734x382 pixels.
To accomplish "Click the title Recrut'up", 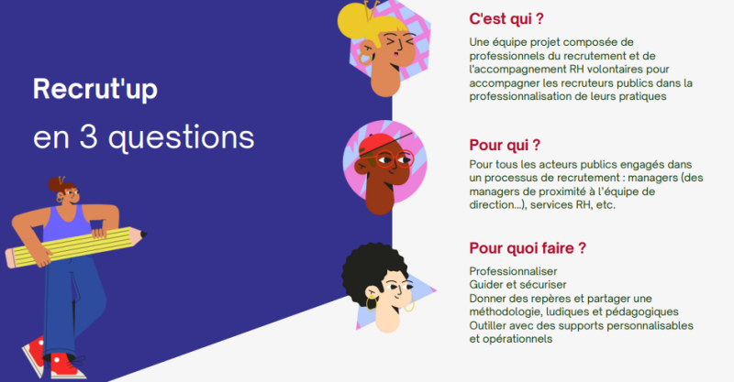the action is (x=95, y=89).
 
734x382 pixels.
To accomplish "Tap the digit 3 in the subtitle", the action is (x=88, y=137).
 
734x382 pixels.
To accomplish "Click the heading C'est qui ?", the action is (x=506, y=18).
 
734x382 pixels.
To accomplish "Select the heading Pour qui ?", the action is (x=505, y=145).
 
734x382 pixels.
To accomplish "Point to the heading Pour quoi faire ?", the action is (x=528, y=248).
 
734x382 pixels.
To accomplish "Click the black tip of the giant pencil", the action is (x=143, y=234).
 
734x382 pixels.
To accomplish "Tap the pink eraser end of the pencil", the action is (x=11, y=258).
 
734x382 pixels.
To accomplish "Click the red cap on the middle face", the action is (x=378, y=143).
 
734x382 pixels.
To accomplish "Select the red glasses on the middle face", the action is (x=395, y=159).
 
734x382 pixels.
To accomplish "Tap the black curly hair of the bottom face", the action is (x=370, y=267).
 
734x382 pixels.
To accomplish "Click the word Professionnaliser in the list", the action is (x=513, y=271).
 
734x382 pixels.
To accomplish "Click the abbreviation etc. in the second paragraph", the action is (x=606, y=205).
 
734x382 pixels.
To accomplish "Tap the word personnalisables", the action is (x=652, y=325).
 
